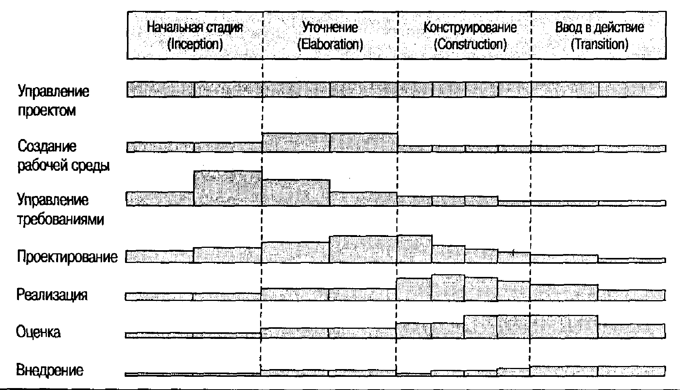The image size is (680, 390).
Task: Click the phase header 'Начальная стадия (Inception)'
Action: coord(195,35)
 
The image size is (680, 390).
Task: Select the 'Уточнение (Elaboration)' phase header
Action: coord(330,35)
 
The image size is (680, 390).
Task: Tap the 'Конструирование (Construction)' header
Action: coord(470,35)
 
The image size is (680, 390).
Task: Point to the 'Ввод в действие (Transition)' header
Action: coord(599,35)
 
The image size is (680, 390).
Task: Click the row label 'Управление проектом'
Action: coord(53,101)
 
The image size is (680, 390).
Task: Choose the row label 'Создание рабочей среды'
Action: coord(63,156)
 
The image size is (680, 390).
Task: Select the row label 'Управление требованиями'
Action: coord(61,210)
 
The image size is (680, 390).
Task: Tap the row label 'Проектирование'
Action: coord(67,257)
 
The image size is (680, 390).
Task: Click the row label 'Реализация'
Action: coord(52,295)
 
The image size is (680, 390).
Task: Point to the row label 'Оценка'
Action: coord(38,332)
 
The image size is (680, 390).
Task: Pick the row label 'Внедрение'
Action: coord(50,370)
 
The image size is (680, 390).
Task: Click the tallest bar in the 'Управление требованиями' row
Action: coord(228,188)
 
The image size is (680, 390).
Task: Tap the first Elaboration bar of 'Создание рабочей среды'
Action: coord(296,143)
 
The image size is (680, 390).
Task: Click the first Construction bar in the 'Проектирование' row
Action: coord(415,249)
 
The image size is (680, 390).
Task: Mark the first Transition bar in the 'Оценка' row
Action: coord(564,327)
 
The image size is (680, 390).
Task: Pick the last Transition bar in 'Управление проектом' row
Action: coord(632,89)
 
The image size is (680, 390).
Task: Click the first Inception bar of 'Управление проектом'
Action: coord(160,89)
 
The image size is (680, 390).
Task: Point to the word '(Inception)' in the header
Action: coord(195,44)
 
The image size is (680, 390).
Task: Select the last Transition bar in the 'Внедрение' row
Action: coord(632,371)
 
